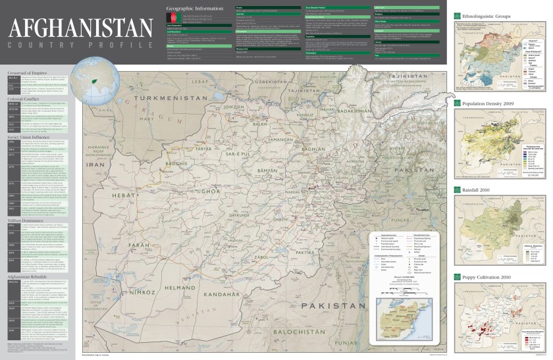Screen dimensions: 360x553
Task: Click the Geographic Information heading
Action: click(x=196, y=9)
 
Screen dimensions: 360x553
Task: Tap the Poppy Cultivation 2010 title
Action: click(x=487, y=277)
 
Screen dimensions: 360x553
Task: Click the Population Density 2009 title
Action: click(x=488, y=103)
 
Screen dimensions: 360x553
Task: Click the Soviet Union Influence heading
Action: click(x=32, y=136)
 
